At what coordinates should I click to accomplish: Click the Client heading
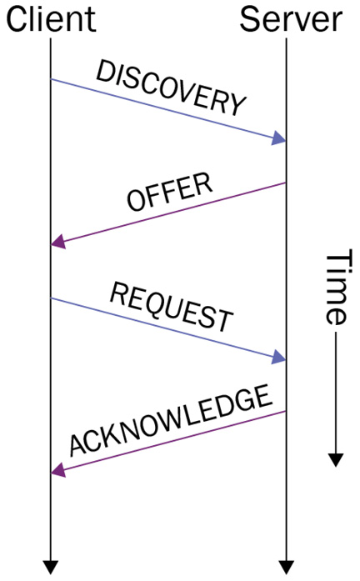pyautogui.click(x=51, y=18)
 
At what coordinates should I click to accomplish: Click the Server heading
pyautogui.click(x=291, y=18)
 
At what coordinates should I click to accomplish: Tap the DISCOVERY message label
pyautogui.click(x=171, y=88)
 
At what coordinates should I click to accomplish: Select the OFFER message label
pyautogui.click(x=170, y=192)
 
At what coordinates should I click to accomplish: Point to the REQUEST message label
pyautogui.click(x=172, y=307)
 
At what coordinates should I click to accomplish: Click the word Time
pyautogui.click(x=337, y=287)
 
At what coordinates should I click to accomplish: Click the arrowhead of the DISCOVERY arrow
pyautogui.click(x=279, y=138)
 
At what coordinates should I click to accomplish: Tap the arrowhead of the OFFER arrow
pyautogui.click(x=58, y=242)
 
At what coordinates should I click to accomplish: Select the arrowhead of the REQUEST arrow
pyautogui.click(x=279, y=357)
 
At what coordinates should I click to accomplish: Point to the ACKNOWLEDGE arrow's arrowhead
pyautogui.click(x=58, y=470)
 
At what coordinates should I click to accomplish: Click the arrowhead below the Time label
pyautogui.click(x=336, y=460)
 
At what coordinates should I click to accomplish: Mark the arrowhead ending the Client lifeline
pyautogui.click(x=51, y=568)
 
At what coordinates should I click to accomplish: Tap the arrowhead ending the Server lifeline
pyautogui.click(x=286, y=568)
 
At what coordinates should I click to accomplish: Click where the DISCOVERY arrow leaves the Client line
pyautogui.click(x=51, y=79)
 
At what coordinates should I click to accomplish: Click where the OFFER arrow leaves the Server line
pyautogui.click(x=286, y=183)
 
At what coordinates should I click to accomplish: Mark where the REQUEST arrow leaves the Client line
pyautogui.click(x=51, y=298)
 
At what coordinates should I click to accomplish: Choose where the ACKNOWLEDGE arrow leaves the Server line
pyautogui.click(x=286, y=411)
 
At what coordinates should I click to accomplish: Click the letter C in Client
pyautogui.click(x=16, y=20)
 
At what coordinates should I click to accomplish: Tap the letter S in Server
pyautogui.click(x=249, y=20)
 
